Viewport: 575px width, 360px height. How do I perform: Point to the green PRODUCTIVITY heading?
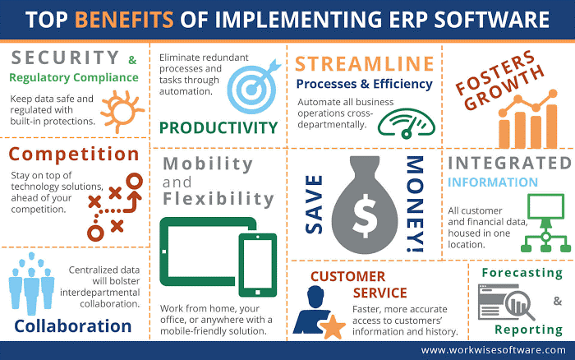[218, 127]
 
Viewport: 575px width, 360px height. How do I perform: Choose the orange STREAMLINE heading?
[364, 63]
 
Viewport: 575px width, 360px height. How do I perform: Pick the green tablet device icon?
[195, 255]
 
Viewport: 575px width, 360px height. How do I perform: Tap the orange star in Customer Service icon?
[333, 325]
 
